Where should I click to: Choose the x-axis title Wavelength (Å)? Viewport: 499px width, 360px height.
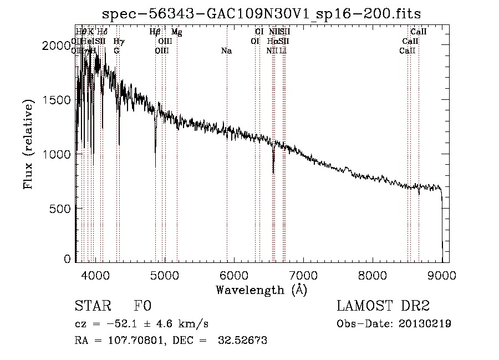click(x=262, y=290)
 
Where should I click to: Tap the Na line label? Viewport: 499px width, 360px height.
click(x=226, y=51)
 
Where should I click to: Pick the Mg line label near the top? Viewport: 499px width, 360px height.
click(x=176, y=32)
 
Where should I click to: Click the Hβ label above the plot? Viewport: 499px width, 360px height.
click(x=155, y=32)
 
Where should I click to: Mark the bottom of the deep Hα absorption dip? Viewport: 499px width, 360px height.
click(x=273, y=173)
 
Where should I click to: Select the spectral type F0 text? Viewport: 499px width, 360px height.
click(x=142, y=307)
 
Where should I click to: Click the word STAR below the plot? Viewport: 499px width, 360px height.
click(x=91, y=307)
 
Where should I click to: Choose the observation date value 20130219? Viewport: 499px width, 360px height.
click(x=424, y=324)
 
